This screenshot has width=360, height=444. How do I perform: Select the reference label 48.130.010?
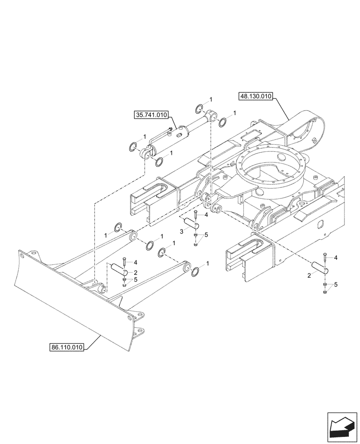tap(256, 96)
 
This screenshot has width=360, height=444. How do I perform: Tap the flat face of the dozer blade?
tap(67, 302)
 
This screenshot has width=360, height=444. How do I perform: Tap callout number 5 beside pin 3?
tap(206, 234)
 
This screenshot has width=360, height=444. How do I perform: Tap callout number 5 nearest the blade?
tap(136, 280)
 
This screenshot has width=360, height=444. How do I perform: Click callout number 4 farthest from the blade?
tap(336, 258)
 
